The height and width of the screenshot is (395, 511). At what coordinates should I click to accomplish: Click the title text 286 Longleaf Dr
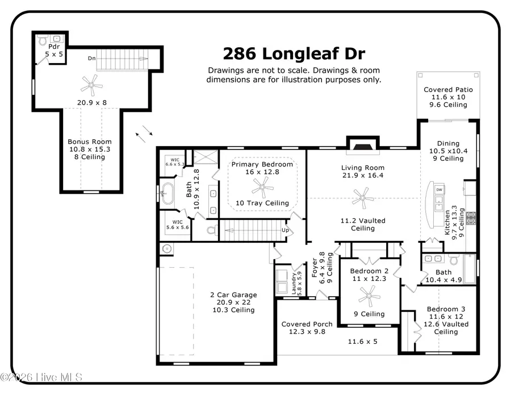coord(294,54)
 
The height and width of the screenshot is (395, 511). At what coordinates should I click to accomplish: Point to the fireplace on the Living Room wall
coord(362,146)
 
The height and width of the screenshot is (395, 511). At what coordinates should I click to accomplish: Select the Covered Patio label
coord(448,90)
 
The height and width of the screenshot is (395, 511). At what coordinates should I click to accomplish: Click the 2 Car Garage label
coord(233,295)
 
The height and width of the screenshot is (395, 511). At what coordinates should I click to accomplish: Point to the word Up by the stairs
coord(287,230)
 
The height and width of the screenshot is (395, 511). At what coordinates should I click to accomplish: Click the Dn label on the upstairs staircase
coord(91,58)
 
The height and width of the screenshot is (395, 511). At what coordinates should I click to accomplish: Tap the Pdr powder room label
coord(54,47)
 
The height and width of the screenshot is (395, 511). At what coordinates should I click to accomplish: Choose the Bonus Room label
coord(90,142)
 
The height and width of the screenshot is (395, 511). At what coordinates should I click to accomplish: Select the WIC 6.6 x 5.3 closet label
coord(175,162)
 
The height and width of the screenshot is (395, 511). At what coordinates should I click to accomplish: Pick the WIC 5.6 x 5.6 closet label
coord(178,224)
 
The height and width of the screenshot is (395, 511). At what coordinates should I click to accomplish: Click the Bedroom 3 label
coord(448,310)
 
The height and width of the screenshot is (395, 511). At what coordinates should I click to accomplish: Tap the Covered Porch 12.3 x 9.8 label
coord(307,328)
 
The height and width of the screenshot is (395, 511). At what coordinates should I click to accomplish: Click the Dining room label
coord(448,144)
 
